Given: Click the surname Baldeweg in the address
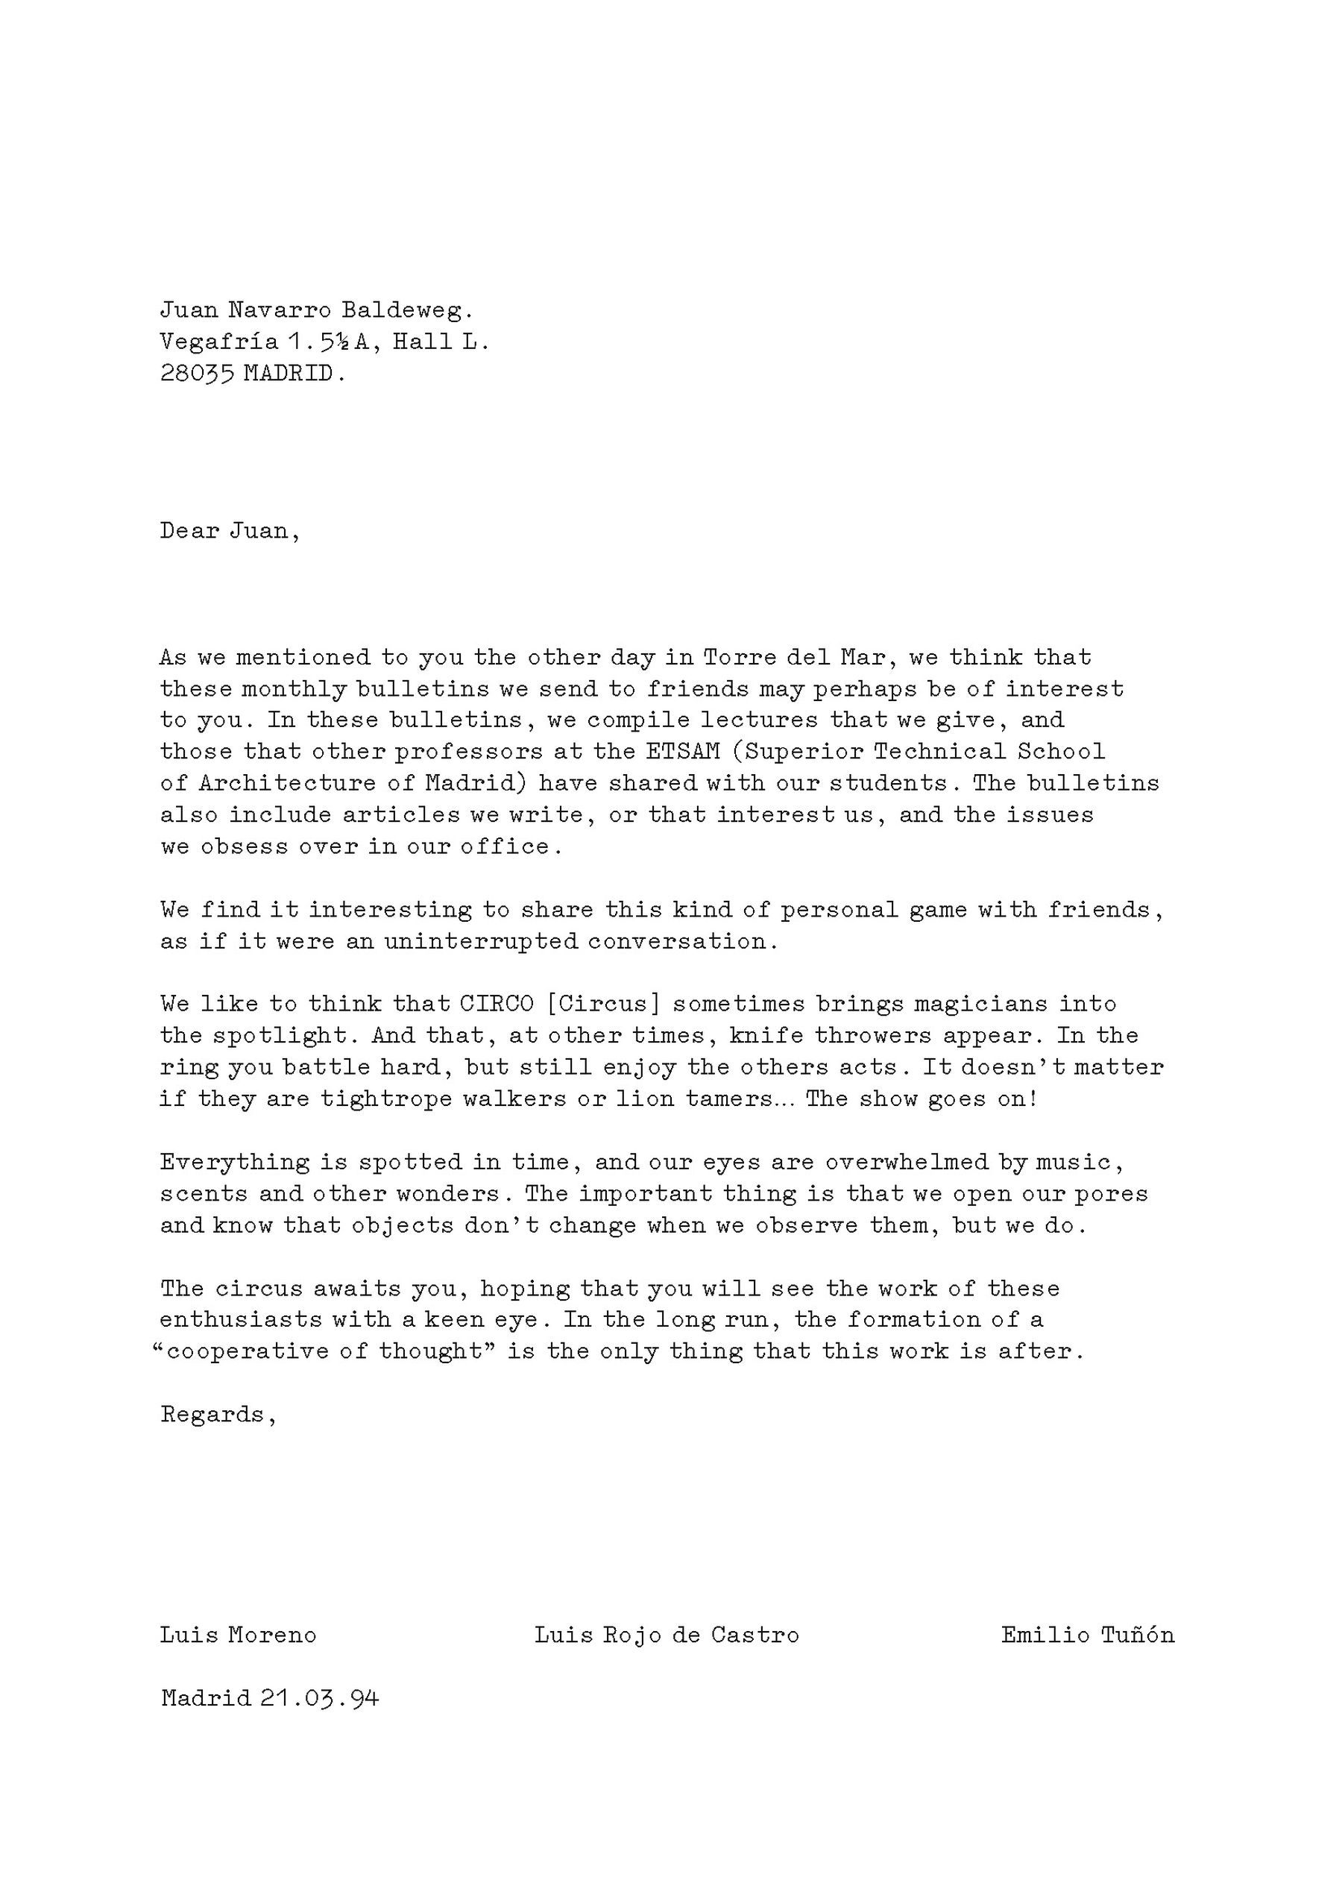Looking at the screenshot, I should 406,311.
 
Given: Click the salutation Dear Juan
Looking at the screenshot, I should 229,531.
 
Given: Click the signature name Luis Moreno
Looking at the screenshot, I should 238,1635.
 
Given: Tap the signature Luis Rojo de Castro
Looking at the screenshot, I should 666,1635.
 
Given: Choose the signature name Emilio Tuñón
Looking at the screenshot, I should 1088,1635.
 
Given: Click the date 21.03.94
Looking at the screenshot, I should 319,1699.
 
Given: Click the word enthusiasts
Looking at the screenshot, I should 241,1320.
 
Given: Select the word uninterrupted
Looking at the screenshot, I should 480,942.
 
